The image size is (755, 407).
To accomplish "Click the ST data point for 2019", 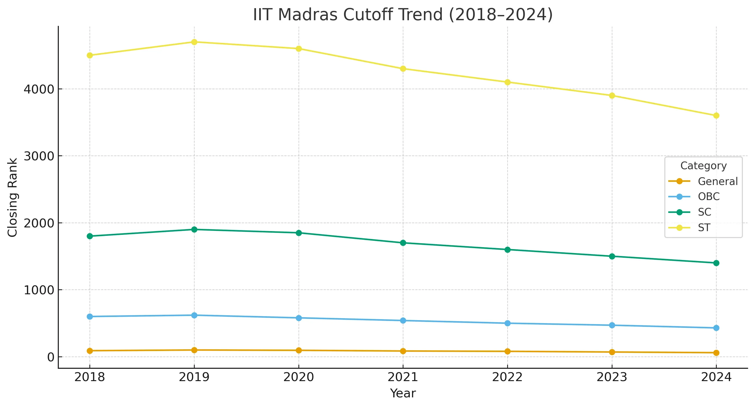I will (194, 42).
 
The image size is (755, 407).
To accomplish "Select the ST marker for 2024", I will (716, 116).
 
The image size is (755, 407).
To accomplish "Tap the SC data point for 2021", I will (403, 243).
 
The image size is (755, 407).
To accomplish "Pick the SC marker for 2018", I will (90, 236).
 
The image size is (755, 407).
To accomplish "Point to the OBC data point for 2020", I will (299, 318).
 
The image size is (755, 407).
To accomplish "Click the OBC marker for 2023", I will (612, 325).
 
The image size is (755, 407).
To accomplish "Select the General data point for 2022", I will (507, 351).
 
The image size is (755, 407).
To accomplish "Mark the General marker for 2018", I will (90, 351).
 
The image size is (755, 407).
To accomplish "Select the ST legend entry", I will (704, 228).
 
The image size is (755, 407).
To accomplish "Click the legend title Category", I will (703, 166).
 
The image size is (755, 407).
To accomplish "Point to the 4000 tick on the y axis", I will (39, 89).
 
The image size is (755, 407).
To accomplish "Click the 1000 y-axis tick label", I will (39, 290).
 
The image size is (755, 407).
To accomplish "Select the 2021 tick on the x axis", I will (403, 377).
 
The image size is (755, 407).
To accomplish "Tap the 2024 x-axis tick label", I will (716, 377).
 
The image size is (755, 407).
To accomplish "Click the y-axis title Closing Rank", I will (12, 198).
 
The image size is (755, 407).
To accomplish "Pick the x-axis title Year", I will (403, 393).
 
